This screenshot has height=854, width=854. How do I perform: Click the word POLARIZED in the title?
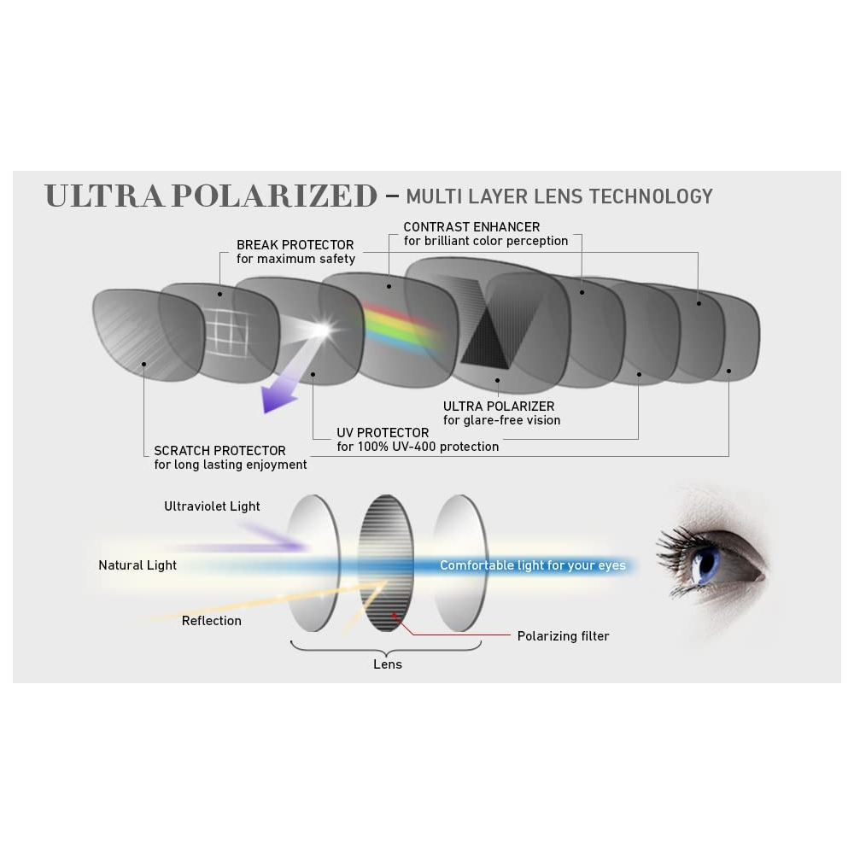273,196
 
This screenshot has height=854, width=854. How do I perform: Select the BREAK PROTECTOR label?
295,246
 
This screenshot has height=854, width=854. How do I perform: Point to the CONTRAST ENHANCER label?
471,227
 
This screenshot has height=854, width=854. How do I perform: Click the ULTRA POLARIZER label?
499,407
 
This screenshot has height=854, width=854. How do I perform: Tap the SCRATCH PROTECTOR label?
219,451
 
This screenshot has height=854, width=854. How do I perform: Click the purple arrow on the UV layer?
280,393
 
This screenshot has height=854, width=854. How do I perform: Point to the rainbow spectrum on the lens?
400,326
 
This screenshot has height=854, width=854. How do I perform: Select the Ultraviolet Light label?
212,506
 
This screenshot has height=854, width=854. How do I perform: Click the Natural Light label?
137,565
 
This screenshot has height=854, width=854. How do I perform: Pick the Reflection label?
212,621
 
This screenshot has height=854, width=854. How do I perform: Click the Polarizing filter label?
564,636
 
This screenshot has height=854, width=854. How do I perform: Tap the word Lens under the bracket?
388,664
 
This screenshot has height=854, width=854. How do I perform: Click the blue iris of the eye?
705,565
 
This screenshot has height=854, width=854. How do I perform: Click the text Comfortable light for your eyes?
533,565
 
